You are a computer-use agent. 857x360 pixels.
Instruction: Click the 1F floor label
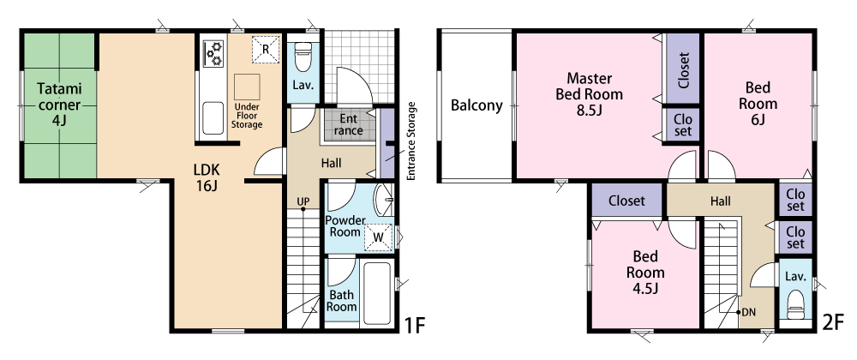pyautogui.click(x=414, y=326)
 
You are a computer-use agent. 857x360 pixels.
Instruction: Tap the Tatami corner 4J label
pyautogui.click(x=59, y=105)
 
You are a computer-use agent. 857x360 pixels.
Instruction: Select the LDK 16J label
pyautogui.click(x=206, y=177)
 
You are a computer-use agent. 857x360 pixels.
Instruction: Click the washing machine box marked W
pyautogui.click(x=378, y=237)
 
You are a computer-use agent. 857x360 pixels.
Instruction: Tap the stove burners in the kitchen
pyautogui.click(x=213, y=53)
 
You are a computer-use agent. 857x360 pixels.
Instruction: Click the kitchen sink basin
pyautogui.click(x=213, y=118)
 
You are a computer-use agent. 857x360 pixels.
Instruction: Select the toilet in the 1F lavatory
pyautogui.click(x=303, y=57)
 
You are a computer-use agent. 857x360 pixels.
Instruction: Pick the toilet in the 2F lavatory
pyautogui.click(x=795, y=304)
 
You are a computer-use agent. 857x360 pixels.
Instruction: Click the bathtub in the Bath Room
pyautogui.click(x=376, y=292)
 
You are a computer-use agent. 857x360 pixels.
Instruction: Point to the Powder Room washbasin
pyautogui.click(x=384, y=200)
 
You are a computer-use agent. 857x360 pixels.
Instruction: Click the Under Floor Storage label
pyautogui.click(x=247, y=116)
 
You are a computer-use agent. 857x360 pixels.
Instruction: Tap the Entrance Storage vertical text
pyautogui.click(x=411, y=141)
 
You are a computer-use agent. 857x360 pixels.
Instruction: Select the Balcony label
pyautogui.click(x=476, y=105)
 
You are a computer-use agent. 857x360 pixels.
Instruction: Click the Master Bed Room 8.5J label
pyautogui.click(x=590, y=94)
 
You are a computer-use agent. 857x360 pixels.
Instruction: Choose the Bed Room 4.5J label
pyautogui.click(x=645, y=272)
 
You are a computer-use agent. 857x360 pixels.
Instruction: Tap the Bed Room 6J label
pyautogui.click(x=758, y=103)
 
